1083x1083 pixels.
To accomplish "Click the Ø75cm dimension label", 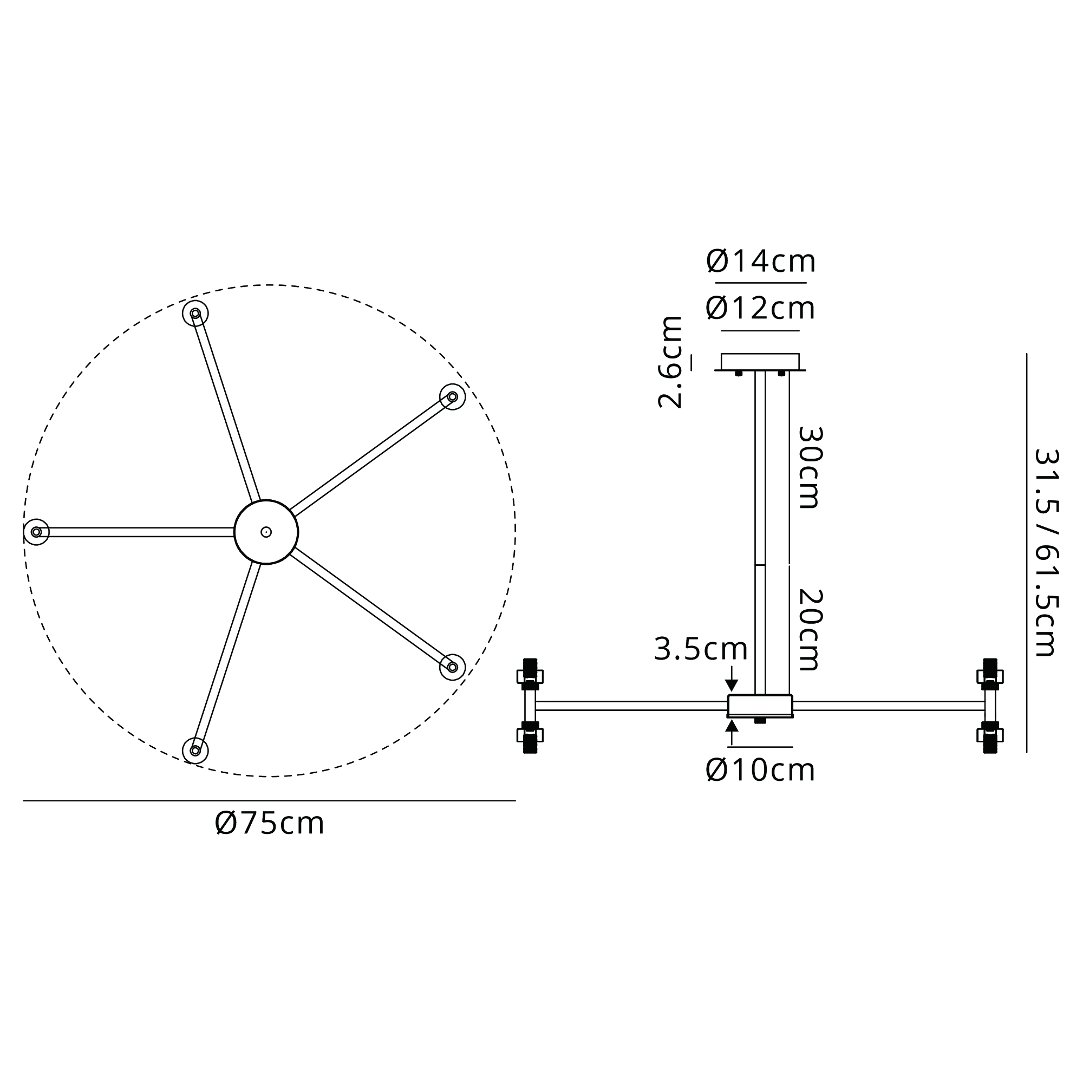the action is (270, 824).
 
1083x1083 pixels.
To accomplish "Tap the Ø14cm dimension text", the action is (761, 261).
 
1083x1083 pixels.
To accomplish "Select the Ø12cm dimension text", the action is (760, 308).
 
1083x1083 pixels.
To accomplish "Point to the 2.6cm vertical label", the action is (670, 362).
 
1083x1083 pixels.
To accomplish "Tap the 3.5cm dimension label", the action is (701, 649).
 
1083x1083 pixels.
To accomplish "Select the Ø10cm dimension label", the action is (760, 770).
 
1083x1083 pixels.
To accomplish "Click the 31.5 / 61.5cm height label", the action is (1046, 552).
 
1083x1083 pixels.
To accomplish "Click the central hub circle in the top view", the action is (266, 532).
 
